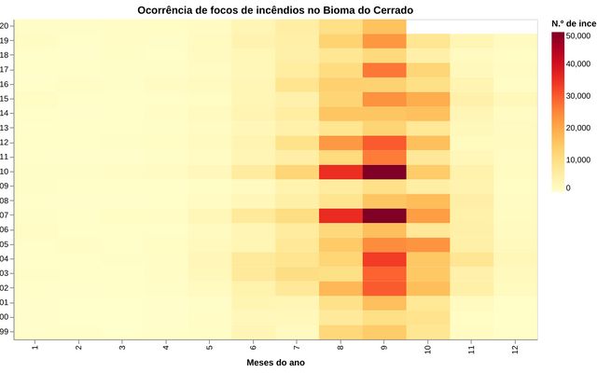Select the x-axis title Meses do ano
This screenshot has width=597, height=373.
click(275, 362)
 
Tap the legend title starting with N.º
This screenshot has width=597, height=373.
click(573, 21)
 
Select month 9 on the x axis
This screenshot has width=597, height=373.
click(384, 347)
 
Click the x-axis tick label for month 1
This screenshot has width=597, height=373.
click(35, 347)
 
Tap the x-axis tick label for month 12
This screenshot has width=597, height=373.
click(515, 347)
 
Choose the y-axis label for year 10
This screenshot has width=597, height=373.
click(6, 173)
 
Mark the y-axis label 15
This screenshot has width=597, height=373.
click(6, 99)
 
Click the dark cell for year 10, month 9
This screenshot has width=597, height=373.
click(383, 173)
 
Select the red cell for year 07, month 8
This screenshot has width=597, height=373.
click(340, 215)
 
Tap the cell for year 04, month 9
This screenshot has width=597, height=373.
click(383, 259)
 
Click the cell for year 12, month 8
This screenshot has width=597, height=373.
click(340, 143)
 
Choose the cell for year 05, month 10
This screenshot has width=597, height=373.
click(427, 244)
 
